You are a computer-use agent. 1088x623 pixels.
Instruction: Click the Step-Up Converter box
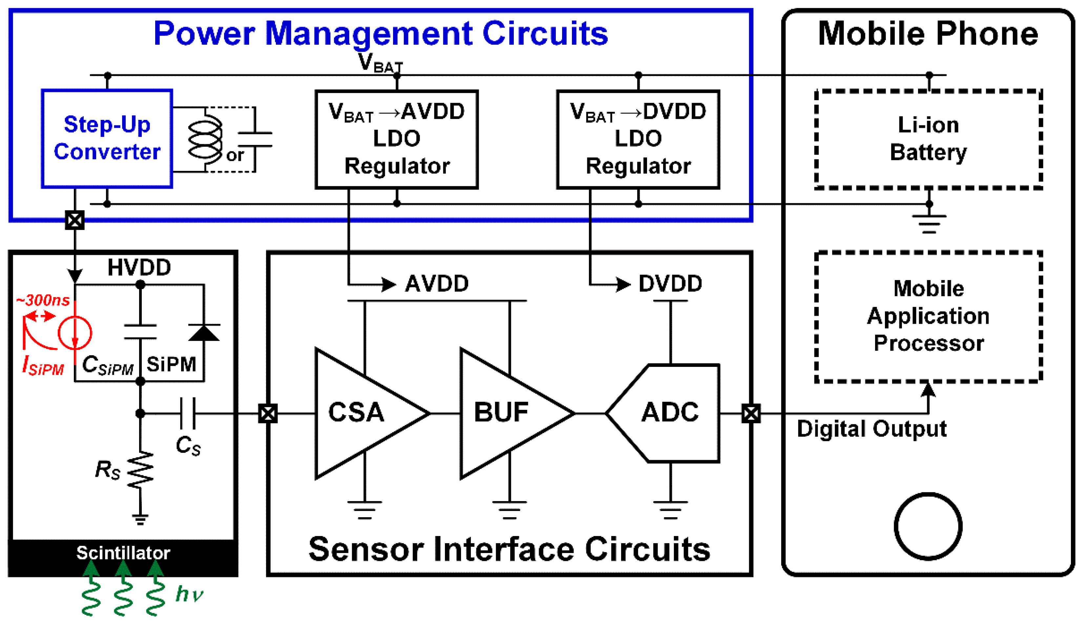click(x=107, y=139)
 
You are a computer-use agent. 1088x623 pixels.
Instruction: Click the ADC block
click(x=669, y=413)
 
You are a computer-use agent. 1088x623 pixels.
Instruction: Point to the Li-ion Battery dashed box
click(x=928, y=139)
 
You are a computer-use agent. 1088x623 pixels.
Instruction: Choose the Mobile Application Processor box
click(x=928, y=317)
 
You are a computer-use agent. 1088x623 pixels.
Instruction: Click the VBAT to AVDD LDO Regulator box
click(x=396, y=139)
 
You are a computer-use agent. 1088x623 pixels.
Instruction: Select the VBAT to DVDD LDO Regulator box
click(x=638, y=139)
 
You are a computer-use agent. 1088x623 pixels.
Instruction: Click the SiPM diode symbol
click(x=204, y=333)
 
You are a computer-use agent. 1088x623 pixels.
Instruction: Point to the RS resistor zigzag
click(x=140, y=470)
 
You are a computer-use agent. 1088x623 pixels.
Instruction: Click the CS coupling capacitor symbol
click(x=188, y=413)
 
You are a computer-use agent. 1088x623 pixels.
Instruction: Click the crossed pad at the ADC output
click(x=751, y=414)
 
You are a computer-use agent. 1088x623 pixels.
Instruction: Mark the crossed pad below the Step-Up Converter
click(x=75, y=220)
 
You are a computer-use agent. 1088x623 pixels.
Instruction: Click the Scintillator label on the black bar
click(x=123, y=553)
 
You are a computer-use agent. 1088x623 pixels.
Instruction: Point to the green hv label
click(x=189, y=594)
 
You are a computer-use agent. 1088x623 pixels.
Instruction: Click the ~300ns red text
click(x=43, y=300)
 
